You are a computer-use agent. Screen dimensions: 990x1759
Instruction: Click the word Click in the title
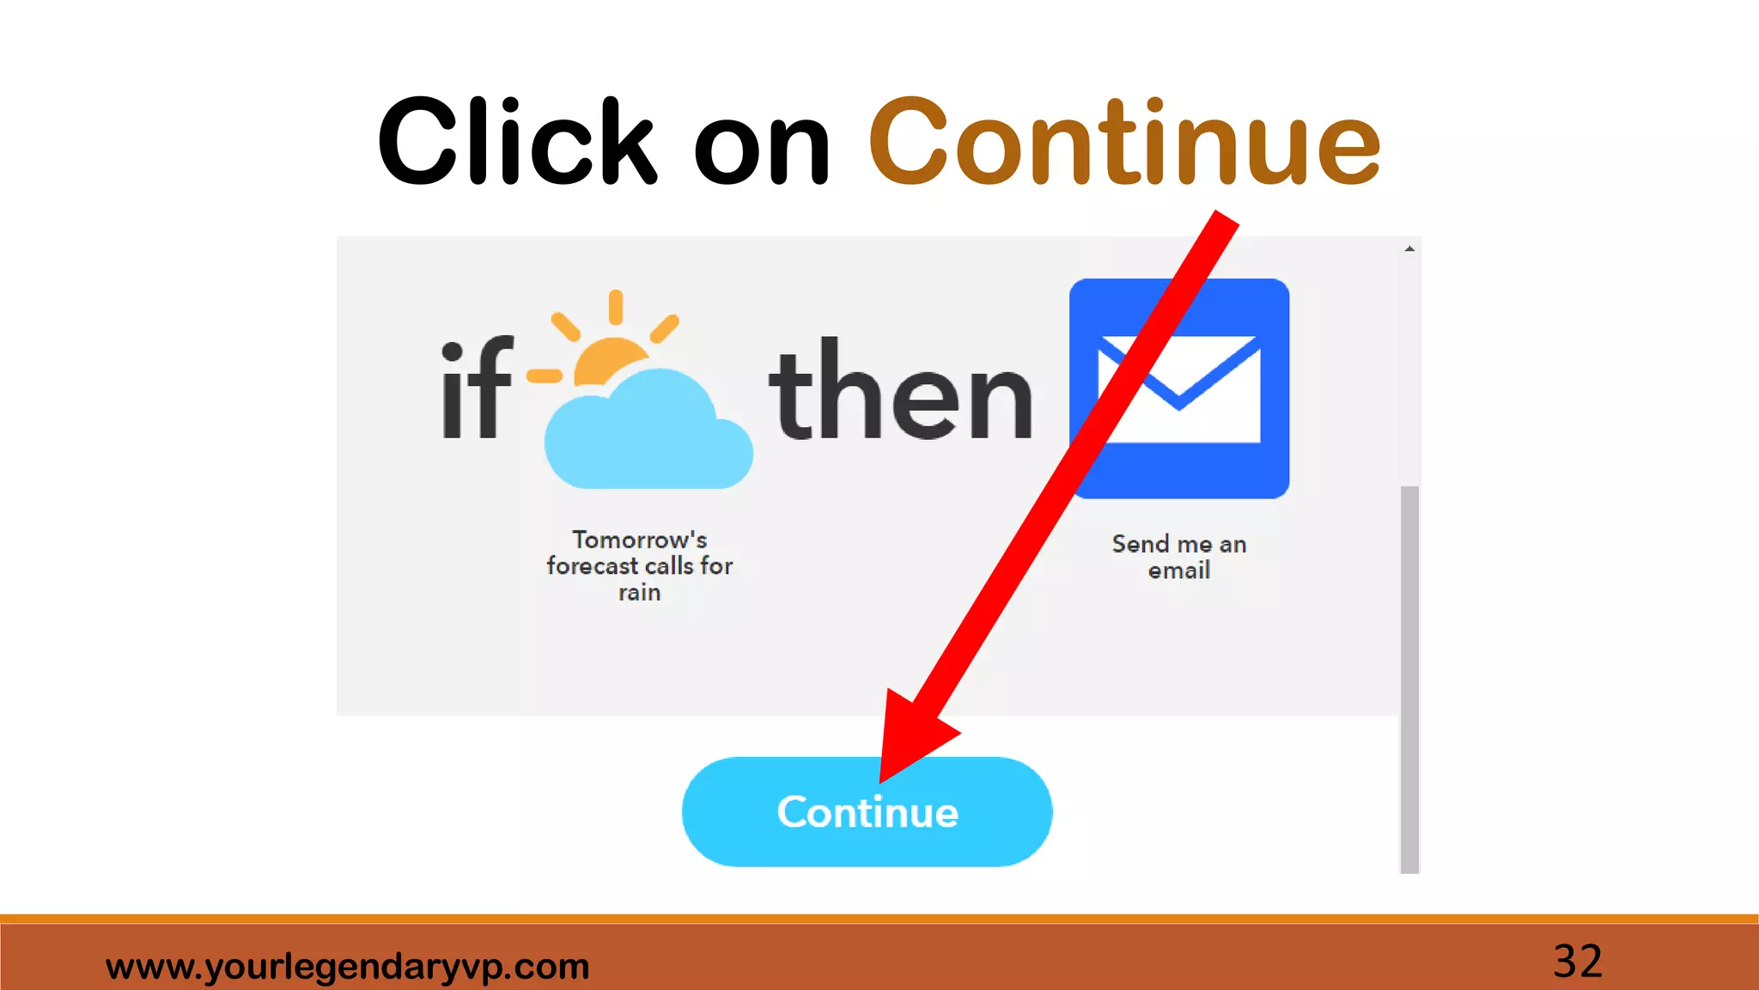[516, 142]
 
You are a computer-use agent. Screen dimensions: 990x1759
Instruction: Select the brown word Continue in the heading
[1124, 142]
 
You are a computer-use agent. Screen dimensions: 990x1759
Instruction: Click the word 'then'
[901, 391]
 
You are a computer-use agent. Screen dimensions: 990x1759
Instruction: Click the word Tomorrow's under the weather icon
[640, 540]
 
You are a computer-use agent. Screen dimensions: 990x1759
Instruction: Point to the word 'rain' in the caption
[640, 593]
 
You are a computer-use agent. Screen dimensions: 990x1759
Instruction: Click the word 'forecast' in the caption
[593, 566]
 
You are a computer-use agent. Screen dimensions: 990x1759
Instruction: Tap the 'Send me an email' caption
[1178, 557]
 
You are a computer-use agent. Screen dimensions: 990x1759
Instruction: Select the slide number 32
[1578, 961]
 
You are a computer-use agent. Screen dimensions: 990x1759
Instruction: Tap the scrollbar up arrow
[1409, 248]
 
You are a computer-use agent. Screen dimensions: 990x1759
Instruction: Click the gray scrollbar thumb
[1409, 679]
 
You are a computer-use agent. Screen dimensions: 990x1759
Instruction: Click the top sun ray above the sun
[616, 307]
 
